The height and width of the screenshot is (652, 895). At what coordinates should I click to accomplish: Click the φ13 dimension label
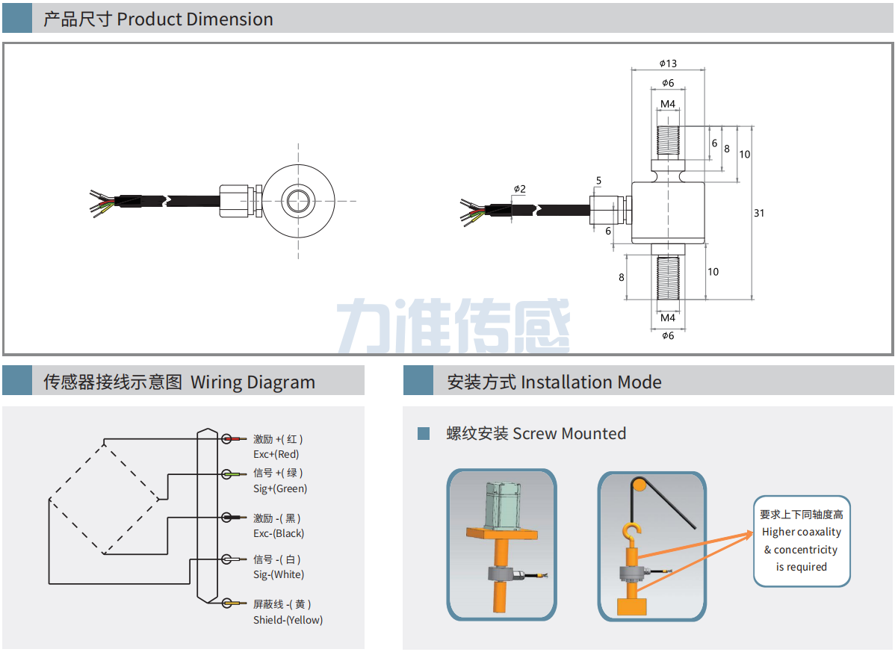tap(668, 63)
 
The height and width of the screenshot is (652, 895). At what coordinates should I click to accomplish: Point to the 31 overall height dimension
tap(759, 213)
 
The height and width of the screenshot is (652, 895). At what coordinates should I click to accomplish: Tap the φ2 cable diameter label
tap(519, 189)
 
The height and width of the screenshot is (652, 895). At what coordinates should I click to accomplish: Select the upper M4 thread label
tap(668, 103)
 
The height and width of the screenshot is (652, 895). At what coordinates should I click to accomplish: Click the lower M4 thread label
tap(668, 318)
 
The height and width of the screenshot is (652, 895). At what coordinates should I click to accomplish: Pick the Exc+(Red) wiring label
tap(276, 454)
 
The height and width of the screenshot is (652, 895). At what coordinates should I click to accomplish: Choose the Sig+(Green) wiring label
tap(280, 488)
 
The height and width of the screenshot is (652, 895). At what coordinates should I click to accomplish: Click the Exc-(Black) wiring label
tap(279, 533)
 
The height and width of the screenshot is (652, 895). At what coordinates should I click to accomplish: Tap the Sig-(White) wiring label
tap(279, 574)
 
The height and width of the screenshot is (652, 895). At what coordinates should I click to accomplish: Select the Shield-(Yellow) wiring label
tap(288, 620)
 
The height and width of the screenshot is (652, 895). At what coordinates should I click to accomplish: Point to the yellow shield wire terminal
tap(234, 603)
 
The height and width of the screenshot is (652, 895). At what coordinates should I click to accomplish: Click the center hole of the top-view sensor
tap(297, 200)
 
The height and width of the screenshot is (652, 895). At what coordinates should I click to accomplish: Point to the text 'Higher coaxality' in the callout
tap(801, 532)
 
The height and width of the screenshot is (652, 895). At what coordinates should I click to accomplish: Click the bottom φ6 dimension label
tap(668, 335)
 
